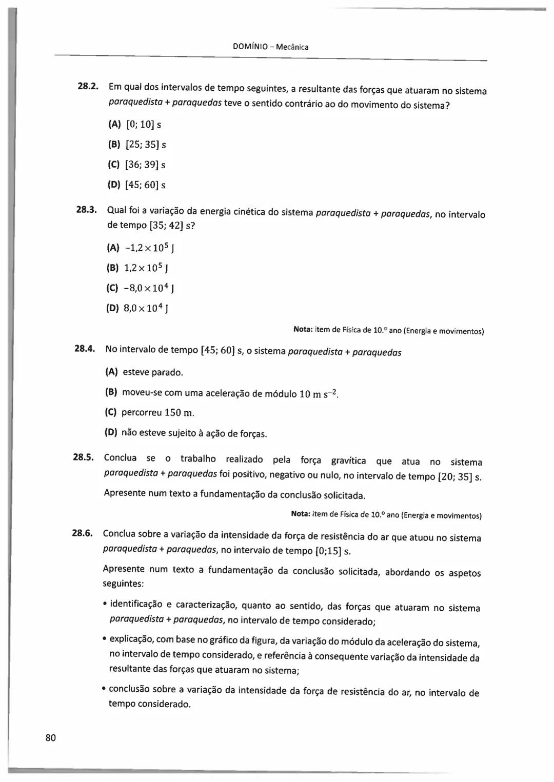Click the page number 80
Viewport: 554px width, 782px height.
click(51, 738)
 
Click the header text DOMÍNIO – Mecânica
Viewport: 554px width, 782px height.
click(270, 47)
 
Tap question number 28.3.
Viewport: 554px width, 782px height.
click(86, 209)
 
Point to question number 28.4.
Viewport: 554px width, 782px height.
click(85, 349)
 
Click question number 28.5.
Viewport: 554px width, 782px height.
click(83, 457)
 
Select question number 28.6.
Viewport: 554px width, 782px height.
click(82, 533)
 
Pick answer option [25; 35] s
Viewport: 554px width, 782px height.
click(145, 145)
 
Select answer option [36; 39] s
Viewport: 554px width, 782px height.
click(145, 165)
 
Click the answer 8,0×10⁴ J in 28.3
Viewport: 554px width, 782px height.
click(146, 309)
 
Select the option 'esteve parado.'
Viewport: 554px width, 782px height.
click(152, 372)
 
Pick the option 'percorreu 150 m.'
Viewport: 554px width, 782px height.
click(157, 413)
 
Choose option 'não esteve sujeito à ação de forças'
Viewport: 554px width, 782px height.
click(194, 433)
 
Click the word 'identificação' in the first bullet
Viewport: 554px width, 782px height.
click(136, 604)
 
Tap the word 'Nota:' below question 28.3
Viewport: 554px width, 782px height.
click(303, 330)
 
